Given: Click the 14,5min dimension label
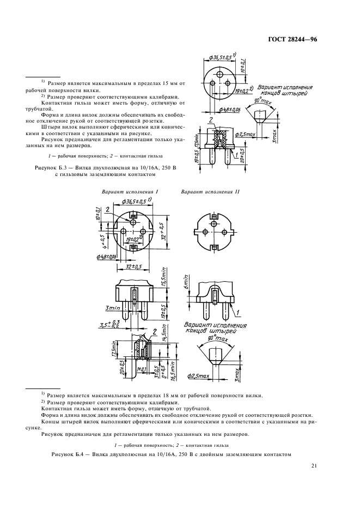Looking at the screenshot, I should (164, 344).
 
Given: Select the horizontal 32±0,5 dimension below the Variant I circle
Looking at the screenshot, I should (130, 266).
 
